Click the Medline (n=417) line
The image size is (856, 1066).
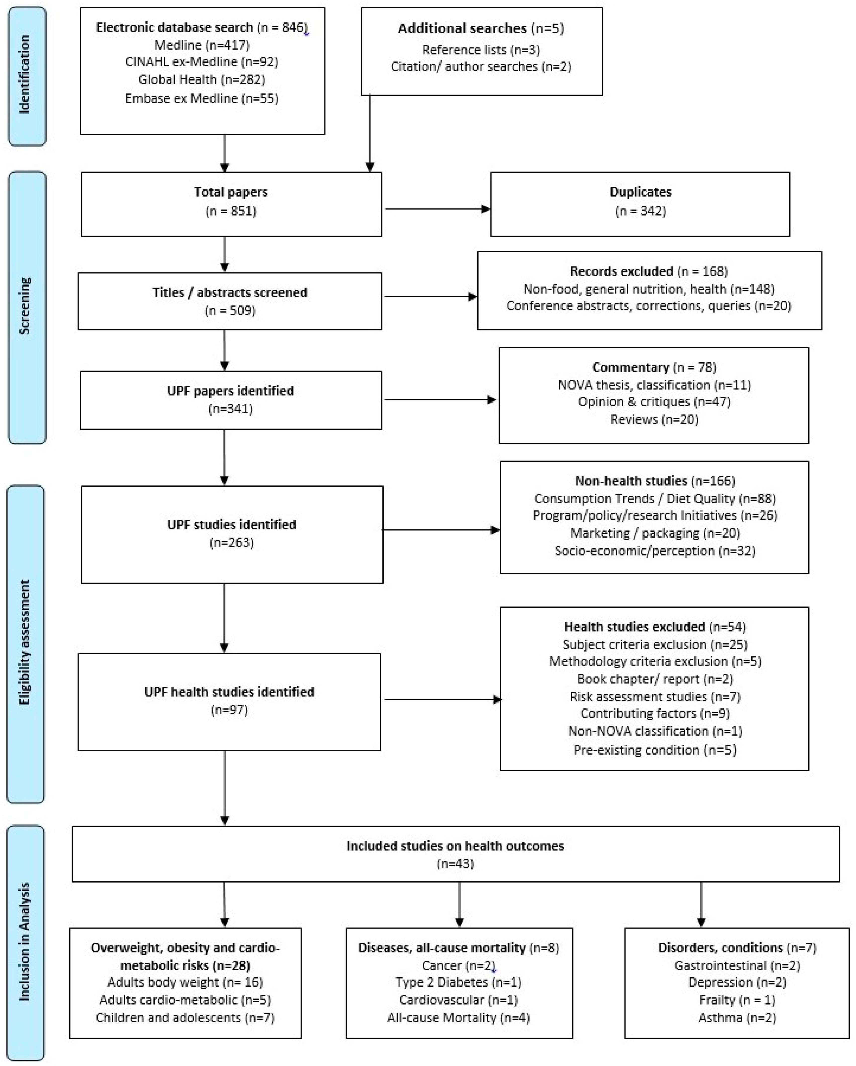(202, 45)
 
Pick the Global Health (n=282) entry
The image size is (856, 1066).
(202, 79)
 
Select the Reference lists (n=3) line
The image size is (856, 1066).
(481, 49)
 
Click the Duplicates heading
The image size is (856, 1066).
(640, 192)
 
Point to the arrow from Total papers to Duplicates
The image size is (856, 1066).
(438, 209)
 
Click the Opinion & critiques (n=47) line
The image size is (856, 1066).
(654, 401)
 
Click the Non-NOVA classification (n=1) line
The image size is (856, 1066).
(655, 731)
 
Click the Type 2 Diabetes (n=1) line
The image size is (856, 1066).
(458, 982)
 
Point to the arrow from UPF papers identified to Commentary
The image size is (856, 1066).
(440, 399)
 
